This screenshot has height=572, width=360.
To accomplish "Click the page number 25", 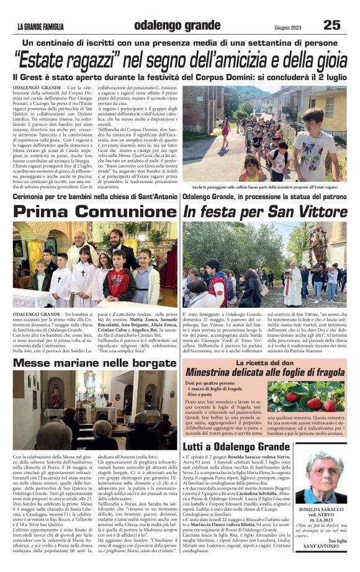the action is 333,25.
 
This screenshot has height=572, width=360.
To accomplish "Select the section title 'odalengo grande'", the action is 168,25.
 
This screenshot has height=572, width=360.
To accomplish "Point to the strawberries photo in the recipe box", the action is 305,397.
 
